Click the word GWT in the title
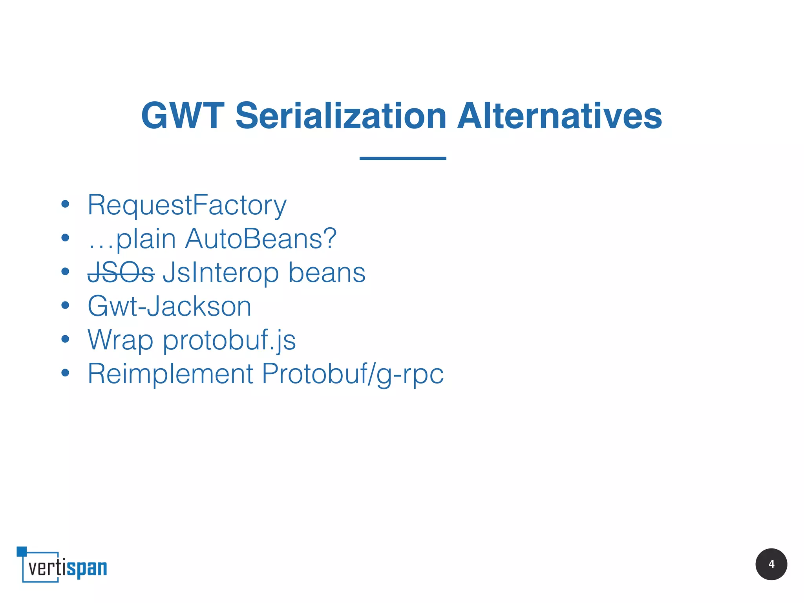(x=183, y=116)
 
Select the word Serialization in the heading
(x=341, y=116)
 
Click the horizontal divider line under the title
(x=403, y=158)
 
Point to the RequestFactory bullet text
(x=187, y=205)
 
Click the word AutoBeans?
(x=261, y=239)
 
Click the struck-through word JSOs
(x=121, y=272)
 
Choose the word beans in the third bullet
(x=327, y=272)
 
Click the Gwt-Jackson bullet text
(x=169, y=306)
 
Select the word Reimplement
(x=170, y=374)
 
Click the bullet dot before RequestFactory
(x=65, y=204)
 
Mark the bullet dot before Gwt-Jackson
(x=65, y=305)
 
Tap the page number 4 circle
(x=771, y=564)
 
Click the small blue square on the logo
(x=22, y=551)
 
